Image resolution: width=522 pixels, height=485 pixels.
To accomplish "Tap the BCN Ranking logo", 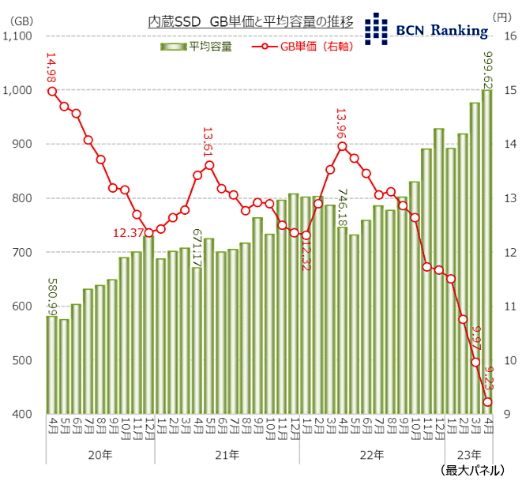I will (426, 29).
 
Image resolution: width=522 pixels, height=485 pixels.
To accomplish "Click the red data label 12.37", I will (128, 232).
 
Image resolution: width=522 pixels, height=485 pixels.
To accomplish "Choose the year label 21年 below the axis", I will (227, 455).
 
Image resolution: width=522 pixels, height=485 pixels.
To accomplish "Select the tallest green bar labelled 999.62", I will (487, 253).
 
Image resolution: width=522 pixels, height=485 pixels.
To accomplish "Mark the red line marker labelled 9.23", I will (487, 402).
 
